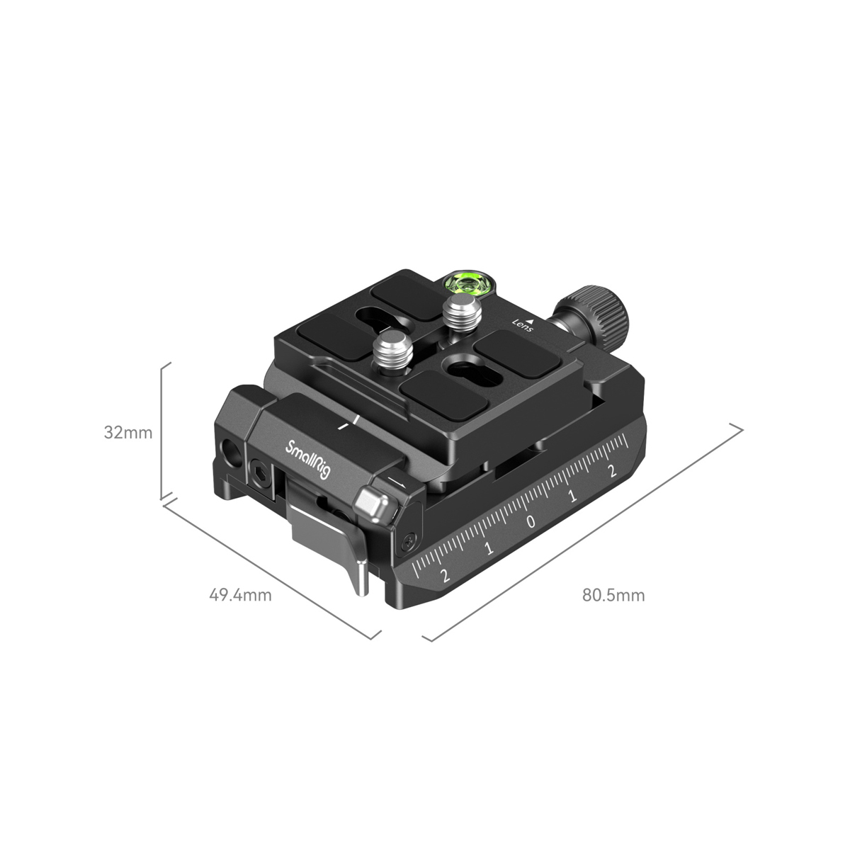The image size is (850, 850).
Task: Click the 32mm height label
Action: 127,431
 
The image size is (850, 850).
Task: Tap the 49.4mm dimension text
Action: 240,594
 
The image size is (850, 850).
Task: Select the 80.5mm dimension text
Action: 613,594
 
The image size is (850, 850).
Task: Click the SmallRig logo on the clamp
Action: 308,460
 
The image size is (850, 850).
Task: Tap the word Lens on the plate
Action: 523,327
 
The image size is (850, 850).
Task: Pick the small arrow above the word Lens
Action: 530,322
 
